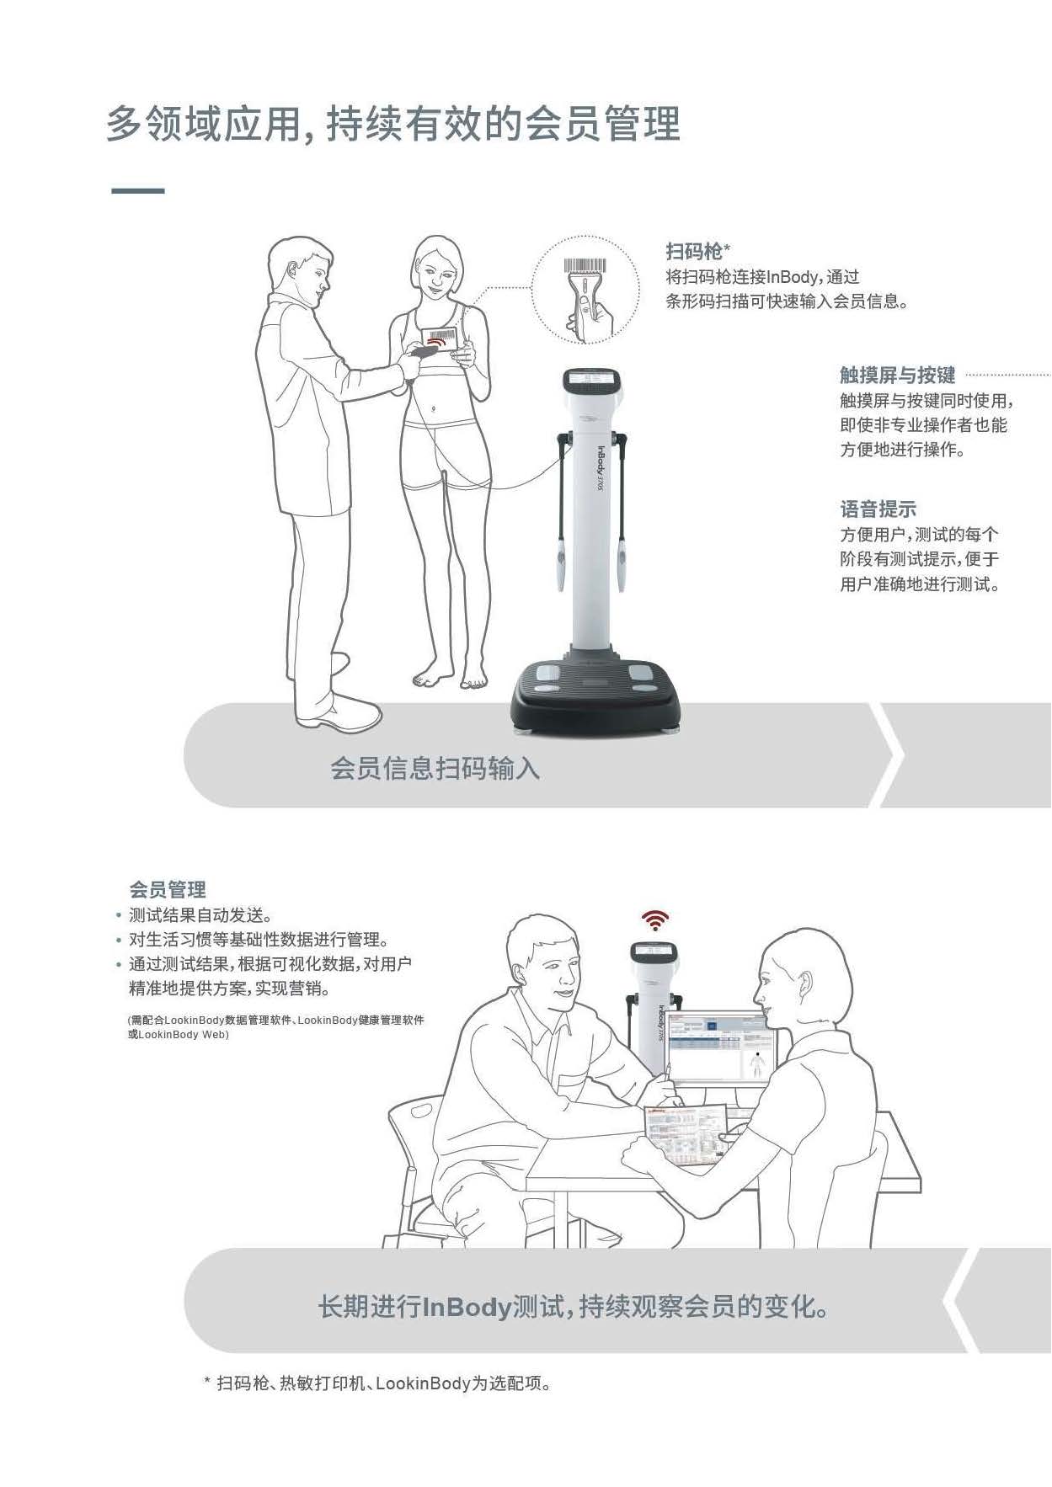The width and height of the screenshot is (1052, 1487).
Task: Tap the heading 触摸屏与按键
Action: pos(897,375)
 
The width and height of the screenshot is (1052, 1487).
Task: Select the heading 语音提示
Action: pos(878,509)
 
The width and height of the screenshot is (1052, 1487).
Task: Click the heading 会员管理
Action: pos(167,889)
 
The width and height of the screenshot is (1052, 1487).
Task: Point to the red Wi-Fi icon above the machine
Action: pos(655,920)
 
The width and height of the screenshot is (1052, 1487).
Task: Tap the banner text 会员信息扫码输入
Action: pos(435,768)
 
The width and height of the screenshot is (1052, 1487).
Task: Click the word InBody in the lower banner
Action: pos(467,1307)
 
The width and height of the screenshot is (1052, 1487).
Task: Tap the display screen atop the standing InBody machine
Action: pos(595,379)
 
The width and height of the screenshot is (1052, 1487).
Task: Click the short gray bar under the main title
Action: pos(138,191)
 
